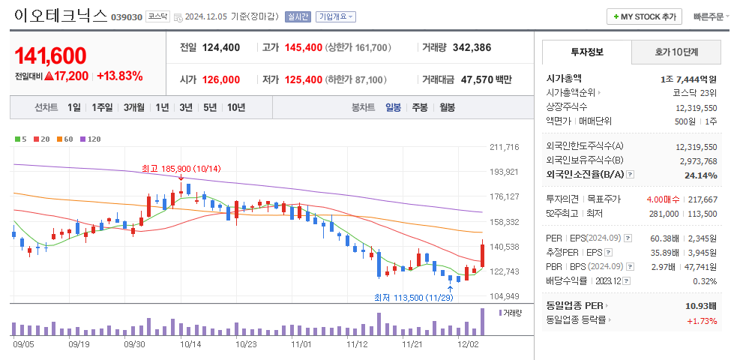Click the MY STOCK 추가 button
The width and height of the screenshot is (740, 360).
(x=644, y=16)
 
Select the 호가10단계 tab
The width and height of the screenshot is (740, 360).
(x=676, y=52)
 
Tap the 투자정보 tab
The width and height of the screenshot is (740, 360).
(x=586, y=52)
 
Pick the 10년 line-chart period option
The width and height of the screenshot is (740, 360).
(x=235, y=107)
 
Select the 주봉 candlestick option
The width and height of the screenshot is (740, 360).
(x=419, y=107)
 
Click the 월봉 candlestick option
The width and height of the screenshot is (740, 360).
(x=447, y=107)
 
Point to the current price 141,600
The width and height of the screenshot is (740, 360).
(x=50, y=55)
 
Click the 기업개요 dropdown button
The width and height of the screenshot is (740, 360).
(x=336, y=16)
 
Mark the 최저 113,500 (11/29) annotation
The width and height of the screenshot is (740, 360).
(x=412, y=298)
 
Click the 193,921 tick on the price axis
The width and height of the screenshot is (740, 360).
(x=504, y=172)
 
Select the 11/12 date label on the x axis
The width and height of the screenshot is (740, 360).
(x=357, y=344)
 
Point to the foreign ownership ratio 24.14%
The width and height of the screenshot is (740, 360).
(x=701, y=175)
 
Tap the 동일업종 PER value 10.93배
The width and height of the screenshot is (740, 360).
(x=700, y=306)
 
